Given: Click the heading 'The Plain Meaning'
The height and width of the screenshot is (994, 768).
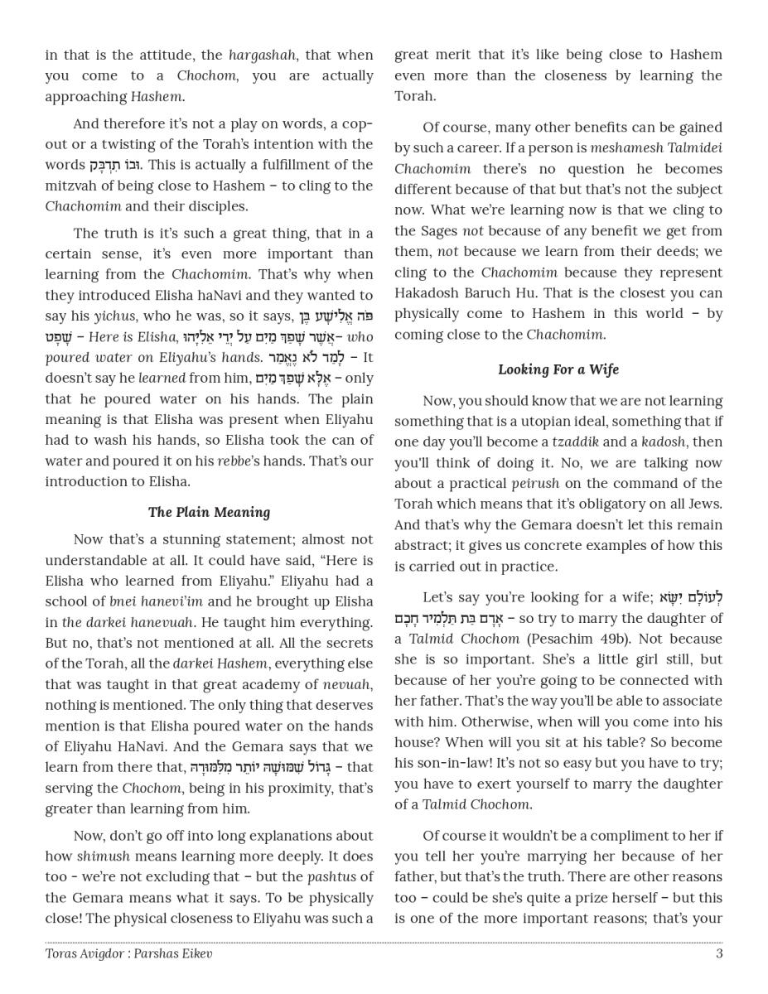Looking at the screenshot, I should point(209,512).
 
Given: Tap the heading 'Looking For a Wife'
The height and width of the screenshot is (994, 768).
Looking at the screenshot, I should point(558,369).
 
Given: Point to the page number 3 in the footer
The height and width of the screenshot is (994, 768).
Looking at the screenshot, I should point(718,953).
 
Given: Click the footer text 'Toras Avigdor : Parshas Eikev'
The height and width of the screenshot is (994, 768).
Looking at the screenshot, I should point(128,953).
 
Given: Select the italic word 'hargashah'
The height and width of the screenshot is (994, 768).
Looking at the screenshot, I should point(262,55).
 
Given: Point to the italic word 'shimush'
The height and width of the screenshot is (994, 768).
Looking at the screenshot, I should point(104,856).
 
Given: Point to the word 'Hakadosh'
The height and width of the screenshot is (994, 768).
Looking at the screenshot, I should point(429,293).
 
